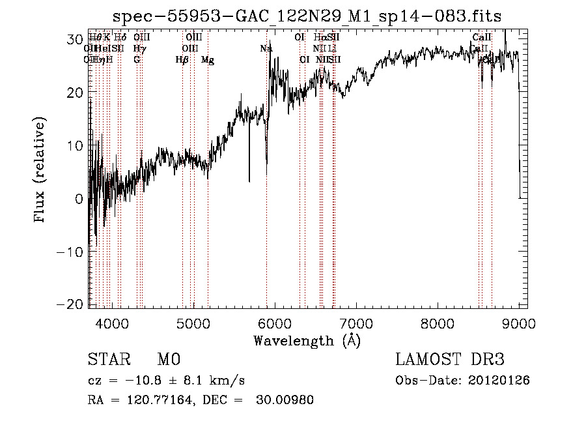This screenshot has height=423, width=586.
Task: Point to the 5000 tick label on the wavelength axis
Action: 193,322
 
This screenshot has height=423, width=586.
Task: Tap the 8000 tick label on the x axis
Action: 437,322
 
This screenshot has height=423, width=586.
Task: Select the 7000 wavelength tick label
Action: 356,322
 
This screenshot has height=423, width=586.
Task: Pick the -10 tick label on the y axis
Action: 70,252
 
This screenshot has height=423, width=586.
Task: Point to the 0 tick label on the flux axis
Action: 79,199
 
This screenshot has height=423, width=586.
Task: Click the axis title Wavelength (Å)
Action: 307,340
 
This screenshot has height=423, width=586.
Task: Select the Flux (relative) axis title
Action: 40,171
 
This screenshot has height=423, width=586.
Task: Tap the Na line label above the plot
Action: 266,49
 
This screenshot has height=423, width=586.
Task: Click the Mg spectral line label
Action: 207,60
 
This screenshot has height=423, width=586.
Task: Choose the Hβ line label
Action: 182,60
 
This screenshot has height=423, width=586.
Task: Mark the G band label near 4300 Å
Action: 137,60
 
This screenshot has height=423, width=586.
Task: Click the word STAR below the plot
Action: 109,360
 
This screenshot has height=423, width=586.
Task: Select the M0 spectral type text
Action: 168,360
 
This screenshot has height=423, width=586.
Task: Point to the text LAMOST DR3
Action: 450,360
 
